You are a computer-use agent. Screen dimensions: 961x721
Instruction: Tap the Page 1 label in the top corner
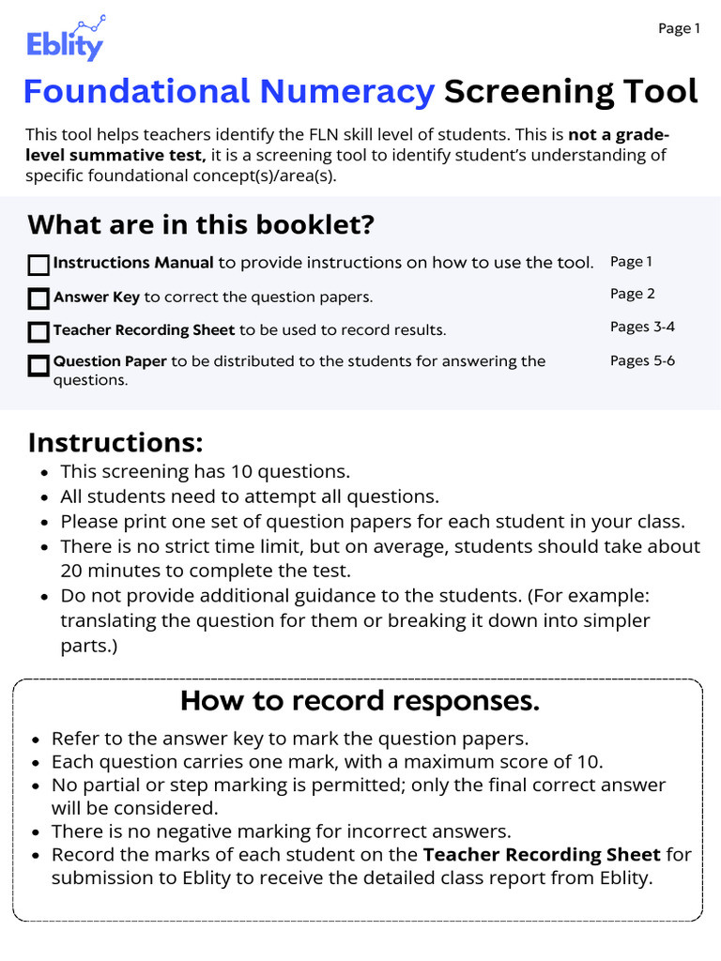[679, 29]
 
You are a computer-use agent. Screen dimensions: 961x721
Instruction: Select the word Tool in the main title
[663, 92]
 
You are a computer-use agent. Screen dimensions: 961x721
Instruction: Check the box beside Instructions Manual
[38, 266]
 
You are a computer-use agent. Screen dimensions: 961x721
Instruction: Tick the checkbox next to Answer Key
[38, 298]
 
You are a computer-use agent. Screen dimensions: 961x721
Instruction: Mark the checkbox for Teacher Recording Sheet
[38, 331]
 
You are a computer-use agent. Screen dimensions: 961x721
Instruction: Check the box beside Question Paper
[38, 365]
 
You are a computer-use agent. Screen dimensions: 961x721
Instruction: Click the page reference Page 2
[632, 294]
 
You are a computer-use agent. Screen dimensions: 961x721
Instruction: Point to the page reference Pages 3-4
[642, 327]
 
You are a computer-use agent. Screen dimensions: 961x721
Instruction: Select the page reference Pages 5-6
[642, 360]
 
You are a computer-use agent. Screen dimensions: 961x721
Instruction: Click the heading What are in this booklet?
[201, 225]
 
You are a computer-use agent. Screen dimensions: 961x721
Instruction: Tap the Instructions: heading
[115, 442]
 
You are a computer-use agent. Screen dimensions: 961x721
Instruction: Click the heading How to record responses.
[360, 701]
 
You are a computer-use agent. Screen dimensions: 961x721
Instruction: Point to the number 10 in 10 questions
[215, 472]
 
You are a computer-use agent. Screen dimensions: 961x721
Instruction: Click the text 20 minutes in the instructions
[103, 571]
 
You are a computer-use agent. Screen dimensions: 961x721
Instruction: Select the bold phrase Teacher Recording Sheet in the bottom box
[542, 855]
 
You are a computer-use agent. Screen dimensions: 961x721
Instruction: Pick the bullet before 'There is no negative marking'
[36, 832]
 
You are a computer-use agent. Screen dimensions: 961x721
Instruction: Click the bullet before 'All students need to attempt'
[45, 497]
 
